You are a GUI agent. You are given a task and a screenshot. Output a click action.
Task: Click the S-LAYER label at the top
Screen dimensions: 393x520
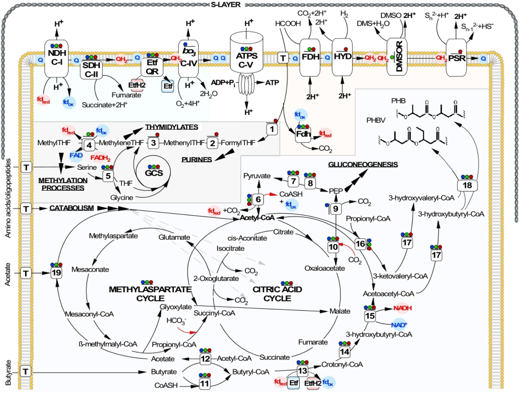tap(225, 5)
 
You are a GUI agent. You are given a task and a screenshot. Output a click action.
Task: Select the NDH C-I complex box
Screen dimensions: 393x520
tap(57, 58)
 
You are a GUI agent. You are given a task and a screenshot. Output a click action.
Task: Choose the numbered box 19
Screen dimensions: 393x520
tap(56, 273)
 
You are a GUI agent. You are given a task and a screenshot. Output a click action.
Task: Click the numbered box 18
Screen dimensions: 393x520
tap(467, 185)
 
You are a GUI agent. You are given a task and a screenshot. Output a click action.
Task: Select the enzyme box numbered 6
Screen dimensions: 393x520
tap(258, 199)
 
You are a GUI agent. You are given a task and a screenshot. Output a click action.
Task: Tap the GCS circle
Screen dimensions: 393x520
tap(153, 173)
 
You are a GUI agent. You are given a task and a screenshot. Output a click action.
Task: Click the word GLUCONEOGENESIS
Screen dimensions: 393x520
tap(363, 164)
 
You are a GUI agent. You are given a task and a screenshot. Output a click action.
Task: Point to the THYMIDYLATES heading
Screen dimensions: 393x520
tap(172, 127)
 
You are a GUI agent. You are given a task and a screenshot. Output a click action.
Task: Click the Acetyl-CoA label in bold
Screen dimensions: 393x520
tap(257, 217)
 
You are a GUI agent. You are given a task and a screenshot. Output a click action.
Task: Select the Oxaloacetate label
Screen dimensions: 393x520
tap(325, 268)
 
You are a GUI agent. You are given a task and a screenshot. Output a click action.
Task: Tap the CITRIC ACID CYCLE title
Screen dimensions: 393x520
tap(277, 294)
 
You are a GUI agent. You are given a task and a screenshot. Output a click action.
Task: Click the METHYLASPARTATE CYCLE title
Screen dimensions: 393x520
tap(150, 294)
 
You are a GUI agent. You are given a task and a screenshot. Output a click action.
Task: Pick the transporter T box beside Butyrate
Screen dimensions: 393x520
tap(26, 372)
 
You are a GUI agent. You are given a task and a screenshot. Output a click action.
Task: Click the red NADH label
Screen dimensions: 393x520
tap(402, 308)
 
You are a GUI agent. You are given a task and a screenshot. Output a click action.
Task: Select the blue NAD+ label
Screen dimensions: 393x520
tap(399, 325)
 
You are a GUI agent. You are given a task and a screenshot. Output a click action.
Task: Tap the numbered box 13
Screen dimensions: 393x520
tap(302, 371)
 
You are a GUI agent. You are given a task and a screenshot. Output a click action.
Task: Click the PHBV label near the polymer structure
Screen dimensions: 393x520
tap(376, 120)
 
